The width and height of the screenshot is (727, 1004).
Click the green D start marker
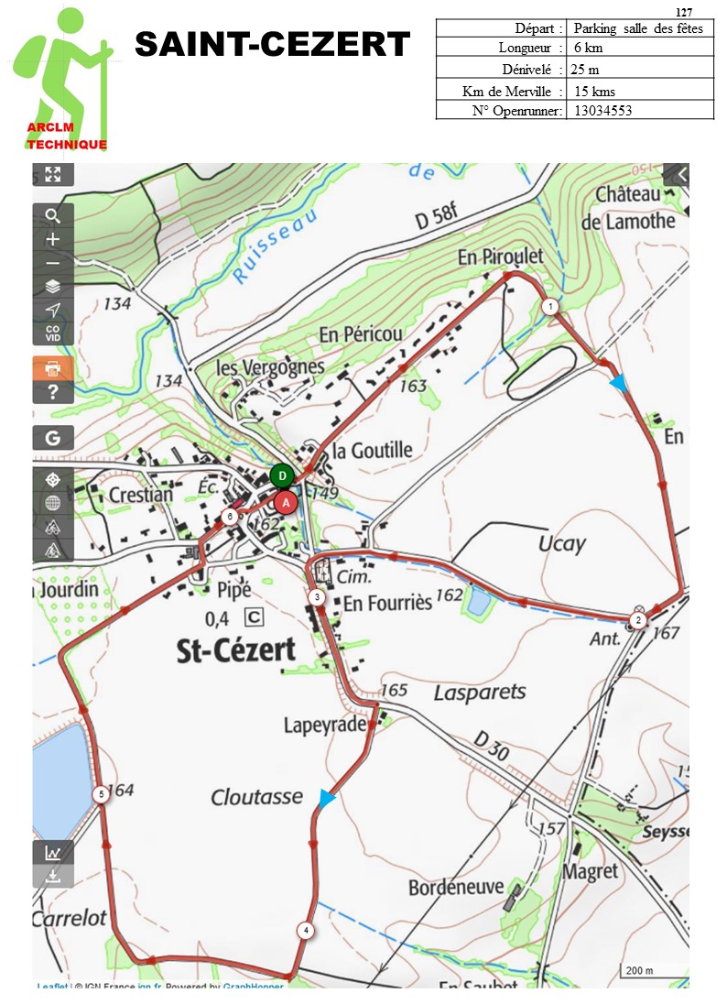coord(283,475)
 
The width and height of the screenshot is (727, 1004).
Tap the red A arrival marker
coord(286,502)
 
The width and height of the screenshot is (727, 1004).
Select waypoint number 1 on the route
coord(549,307)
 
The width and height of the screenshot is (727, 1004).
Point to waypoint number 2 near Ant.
coord(638,620)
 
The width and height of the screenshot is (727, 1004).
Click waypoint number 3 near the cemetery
coord(316,597)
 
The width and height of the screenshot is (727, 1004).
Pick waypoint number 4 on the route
coord(305,931)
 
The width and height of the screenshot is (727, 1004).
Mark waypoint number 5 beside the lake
coord(100,794)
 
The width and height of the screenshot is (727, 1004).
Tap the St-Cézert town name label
coord(236,650)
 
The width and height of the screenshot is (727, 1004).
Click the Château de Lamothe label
coord(635,208)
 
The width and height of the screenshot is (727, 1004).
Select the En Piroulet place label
coord(500,257)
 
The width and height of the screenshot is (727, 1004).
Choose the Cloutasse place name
coord(256,797)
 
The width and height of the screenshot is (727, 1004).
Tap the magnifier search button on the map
coord(53,215)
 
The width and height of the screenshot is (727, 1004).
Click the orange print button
coord(53,368)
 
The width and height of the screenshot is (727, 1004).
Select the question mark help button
coord(53,392)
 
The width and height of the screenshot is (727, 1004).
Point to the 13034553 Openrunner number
coord(602,111)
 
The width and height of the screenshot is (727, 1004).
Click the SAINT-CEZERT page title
coord(273,43)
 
